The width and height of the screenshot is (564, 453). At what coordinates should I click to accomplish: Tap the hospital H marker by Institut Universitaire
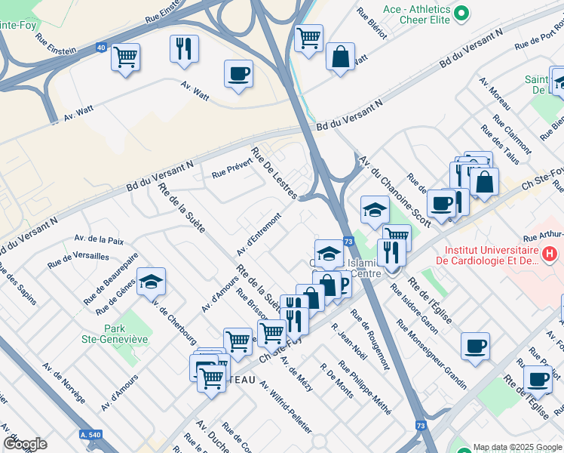551,255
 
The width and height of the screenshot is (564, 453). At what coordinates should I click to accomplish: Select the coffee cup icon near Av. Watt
238,74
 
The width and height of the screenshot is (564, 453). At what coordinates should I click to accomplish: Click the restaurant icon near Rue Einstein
184,49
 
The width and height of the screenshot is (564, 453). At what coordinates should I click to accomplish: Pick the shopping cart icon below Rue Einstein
125,57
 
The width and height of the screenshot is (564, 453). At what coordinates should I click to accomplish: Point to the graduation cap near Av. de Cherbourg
152,282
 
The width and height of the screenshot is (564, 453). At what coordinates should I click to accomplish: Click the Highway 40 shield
101,48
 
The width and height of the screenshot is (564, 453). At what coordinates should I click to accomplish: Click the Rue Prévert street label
231,173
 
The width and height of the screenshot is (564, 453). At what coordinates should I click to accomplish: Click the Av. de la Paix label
99,240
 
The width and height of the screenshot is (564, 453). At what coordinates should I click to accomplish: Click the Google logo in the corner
25,444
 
